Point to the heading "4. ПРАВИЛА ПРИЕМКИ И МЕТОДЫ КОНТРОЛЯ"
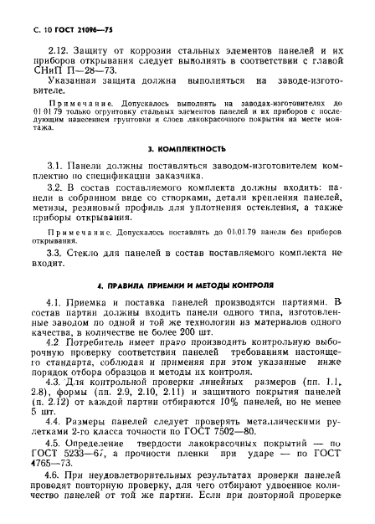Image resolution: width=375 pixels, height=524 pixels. [187, 285]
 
